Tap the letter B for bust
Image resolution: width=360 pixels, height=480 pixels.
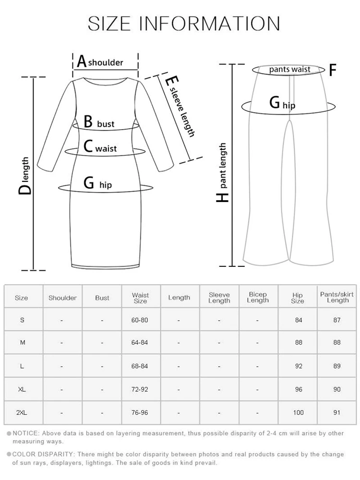coord(88,122)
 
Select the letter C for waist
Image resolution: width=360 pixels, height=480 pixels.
coord(87,146)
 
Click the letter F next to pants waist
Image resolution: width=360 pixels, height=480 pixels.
coord(332,71)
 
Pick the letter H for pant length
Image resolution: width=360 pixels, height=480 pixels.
coord(222,197)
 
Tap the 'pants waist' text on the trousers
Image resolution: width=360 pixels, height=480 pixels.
coord(289,70)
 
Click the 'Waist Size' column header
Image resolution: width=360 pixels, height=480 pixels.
coord(140,298)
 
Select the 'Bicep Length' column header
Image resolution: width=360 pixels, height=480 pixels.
coord(257,298)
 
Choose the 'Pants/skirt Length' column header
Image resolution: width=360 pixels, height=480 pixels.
coord(337,297)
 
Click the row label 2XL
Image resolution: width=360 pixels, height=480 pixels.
coord(22,412)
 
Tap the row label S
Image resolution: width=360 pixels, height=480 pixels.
coord(22,320)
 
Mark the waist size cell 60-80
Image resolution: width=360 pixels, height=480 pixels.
coord(140,320)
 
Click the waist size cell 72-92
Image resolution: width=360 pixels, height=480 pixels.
coord(140,389)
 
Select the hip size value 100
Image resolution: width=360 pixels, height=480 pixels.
coord(298,412)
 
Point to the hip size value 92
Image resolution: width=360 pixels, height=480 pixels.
coord(298,366)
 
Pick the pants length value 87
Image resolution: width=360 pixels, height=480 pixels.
coord(337,320)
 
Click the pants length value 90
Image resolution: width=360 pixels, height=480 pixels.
coord(337,389)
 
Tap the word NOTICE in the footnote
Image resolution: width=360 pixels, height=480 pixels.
coord(23,433)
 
